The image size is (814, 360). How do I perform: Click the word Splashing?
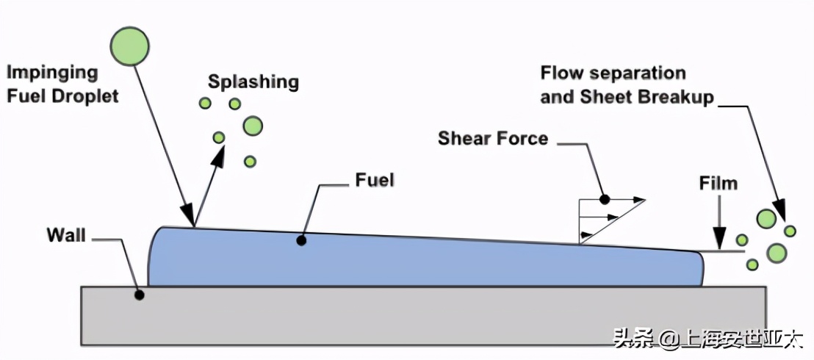pos(253,81)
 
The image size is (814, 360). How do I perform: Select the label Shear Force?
pos(493,138)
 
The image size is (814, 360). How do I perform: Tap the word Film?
pos(718,183)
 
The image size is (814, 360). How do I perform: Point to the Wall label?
pos(66,236)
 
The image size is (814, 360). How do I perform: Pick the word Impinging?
pos(52,73)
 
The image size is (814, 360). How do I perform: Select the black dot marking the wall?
pos(139,295)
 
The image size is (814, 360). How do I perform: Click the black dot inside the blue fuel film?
pos(300,240)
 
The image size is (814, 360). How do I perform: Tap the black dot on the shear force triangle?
pos(605,199)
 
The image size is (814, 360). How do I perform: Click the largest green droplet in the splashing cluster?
pos(253,126)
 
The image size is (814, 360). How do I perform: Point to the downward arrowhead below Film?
pos(720,240)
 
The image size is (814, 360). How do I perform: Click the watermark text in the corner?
pos(708,339)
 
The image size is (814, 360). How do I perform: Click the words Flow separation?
pos(613,73)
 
